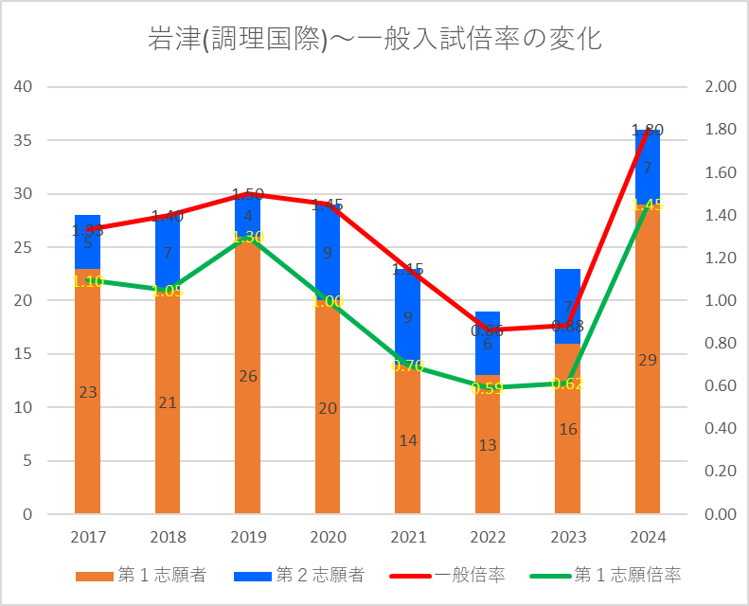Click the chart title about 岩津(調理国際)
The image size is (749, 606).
pyautogui.click(x=375, y=39)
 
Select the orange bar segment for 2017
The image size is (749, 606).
pyautogui.click(x=88, y=426)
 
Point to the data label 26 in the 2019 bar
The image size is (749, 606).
pyautogui.click(x=248, y=376)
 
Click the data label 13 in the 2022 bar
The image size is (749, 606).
pyautogui.click(x=488, y=445)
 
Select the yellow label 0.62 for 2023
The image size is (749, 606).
pyautogui.click(x=568, y=383)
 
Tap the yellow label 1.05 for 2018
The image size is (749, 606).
pyautogui.click(x=168, y=291)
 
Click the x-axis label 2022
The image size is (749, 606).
pyautogui.click(x=488, y=537)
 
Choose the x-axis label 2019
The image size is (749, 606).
pyautogui.click(x=248, y=537)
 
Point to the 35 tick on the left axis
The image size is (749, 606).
pyautogui.click(x=22, y=140)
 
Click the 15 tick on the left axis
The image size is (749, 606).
pyautogui.click(x=22, y=354)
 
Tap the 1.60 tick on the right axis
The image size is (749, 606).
pyautogui.click(x=721, y=172)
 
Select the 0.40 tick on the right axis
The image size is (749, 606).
pyautogui.click(x=721, y=429)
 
